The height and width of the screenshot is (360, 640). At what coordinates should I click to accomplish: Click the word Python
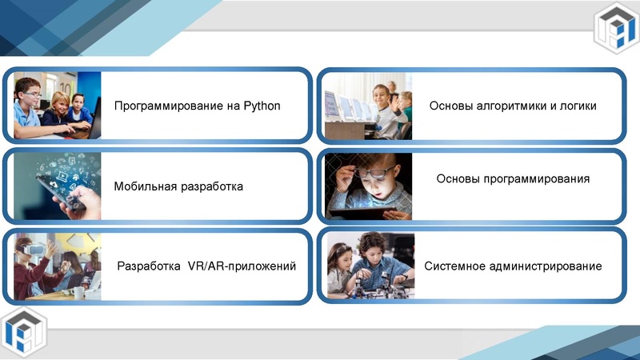click(x=262, y=106)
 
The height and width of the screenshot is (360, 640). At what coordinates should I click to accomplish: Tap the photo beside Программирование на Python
click(x=57, y=106)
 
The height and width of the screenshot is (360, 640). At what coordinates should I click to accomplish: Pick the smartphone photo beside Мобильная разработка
click(x=57, y=186)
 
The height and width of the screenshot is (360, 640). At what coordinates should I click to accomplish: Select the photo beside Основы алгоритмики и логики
click(x=368, y=106)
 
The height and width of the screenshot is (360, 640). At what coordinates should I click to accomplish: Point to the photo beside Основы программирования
click(x=368, y=186)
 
